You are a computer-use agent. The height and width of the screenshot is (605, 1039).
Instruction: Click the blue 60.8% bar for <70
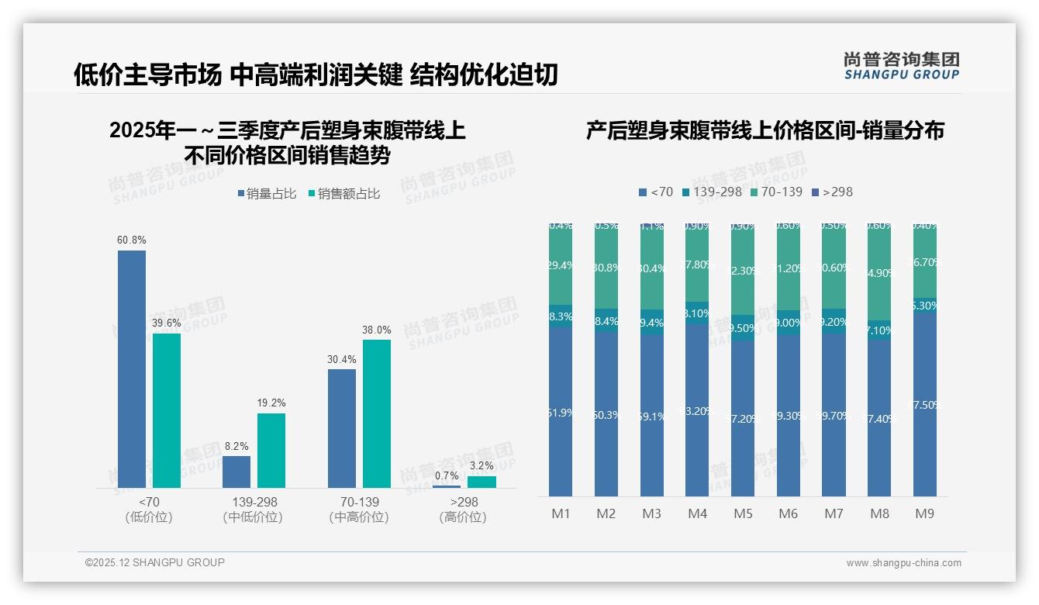[x=132, y=368]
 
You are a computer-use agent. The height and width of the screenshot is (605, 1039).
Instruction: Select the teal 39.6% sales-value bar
[x=167, y=410]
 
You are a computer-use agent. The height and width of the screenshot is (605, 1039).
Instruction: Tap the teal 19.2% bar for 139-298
[x=271, y=450]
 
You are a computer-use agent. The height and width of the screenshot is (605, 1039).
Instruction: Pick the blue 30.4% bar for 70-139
[x=342, y=428]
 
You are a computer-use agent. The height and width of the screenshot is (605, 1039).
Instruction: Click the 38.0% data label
[x=377, y=330]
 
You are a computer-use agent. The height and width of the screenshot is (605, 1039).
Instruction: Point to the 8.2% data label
[x=236, y=446]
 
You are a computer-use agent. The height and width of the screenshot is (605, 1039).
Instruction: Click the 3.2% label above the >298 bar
[x=482, y=465]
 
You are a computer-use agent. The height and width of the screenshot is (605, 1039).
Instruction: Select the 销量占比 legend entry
[x=266, y=194]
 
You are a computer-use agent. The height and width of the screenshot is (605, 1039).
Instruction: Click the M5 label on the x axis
[x=743, y=513]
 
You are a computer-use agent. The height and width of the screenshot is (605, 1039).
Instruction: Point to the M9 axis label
[x=924, y=513]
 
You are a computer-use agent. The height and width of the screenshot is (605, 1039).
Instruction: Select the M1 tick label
[x=561, y=513]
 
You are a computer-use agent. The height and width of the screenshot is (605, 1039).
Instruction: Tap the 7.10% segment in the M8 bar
[x=879, y=330]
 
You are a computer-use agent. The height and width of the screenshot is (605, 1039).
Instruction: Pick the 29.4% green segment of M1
[x=561, y=265]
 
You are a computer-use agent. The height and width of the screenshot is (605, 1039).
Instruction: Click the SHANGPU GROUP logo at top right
[x=901, y=65]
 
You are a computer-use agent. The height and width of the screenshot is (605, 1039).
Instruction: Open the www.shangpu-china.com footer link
[x=903, y=563]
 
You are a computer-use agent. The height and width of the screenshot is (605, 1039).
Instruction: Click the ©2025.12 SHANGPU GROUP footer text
[x=155, y=562]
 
